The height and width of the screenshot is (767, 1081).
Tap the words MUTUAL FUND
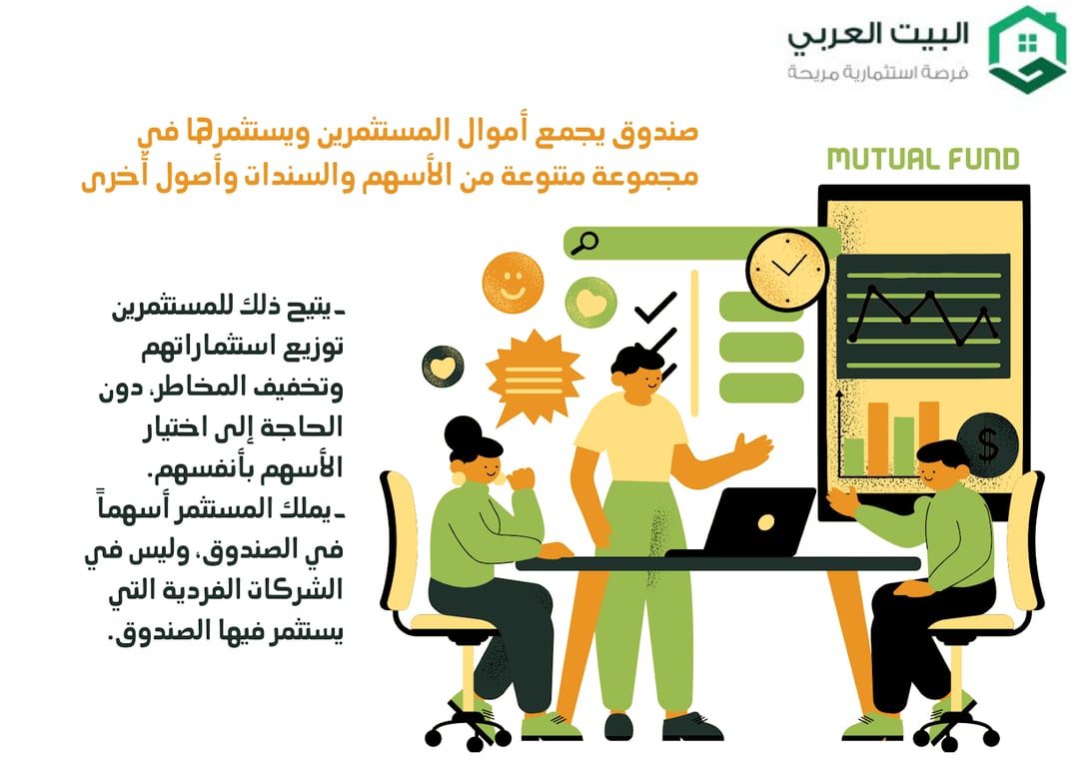tap(922, 159)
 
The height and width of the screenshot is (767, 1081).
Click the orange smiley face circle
tap(513, 283)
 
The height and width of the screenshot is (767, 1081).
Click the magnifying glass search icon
tap(583, 242)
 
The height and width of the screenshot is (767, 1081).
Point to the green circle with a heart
tap(591, 303)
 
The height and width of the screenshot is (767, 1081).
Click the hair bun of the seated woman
tap(463, 433)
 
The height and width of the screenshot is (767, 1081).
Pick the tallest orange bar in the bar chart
tap(928, 437)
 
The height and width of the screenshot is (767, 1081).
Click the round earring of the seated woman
tap(459, 477)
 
